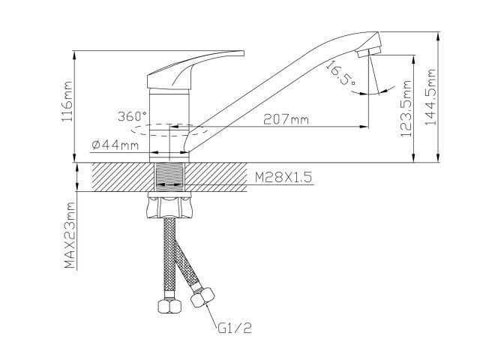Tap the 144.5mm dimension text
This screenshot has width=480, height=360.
430,98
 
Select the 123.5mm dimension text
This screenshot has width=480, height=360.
406,112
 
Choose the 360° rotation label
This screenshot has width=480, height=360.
133,116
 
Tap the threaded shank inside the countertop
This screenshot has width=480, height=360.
172,177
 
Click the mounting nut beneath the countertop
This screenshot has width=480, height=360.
172,205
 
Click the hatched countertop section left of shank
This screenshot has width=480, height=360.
120,177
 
